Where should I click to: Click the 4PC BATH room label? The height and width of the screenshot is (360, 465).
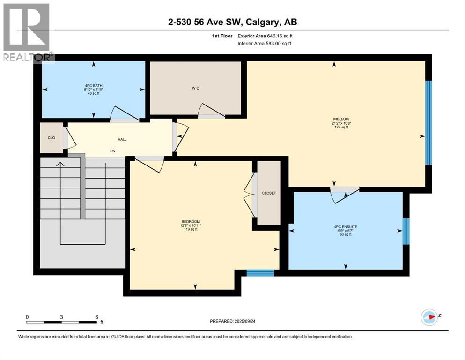pos(91,86)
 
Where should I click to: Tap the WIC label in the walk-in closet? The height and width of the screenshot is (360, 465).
pos(196,88)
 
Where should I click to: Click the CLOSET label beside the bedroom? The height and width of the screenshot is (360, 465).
pos(269,193)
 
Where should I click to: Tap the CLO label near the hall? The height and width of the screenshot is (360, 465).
pos(52,138)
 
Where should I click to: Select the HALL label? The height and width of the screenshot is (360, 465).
pos(122,139)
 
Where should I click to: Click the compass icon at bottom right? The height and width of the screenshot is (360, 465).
pos(429,317)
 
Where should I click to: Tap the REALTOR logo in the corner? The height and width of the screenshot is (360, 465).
pos(27,32)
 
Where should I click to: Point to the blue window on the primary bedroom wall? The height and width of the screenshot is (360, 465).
pos(428,123)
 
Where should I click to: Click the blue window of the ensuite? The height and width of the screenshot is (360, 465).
pos(406,231)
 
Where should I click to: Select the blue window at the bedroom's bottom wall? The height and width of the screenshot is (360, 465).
pos(260,273)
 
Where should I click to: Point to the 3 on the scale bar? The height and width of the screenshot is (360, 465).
pos(61,317)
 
